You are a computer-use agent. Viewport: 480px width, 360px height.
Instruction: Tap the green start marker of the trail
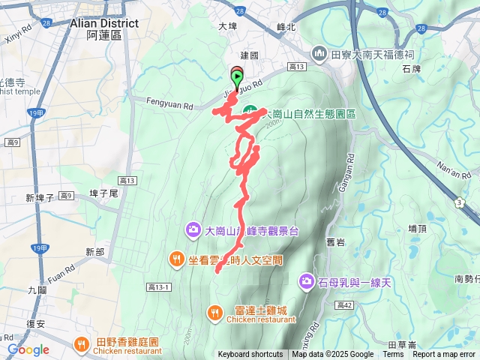tap(238, 76)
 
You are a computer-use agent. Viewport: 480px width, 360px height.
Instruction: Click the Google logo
tap(28, 349)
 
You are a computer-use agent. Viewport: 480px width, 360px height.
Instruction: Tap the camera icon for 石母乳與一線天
tap(306, 281)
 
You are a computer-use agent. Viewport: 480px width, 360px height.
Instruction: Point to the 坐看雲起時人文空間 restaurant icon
tap(175, 259)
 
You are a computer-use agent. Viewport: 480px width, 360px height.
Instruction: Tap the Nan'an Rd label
tap(454, 173)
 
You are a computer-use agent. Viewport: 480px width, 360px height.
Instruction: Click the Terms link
tap(393, 355)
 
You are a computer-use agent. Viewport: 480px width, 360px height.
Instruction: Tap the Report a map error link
tap(445, 355)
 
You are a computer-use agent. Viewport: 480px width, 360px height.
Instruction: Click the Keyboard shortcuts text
tap(250, 355)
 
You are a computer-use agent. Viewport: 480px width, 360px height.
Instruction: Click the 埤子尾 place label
tap(104, 193)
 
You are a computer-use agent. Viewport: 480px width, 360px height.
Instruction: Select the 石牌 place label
tap(433, 69)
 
